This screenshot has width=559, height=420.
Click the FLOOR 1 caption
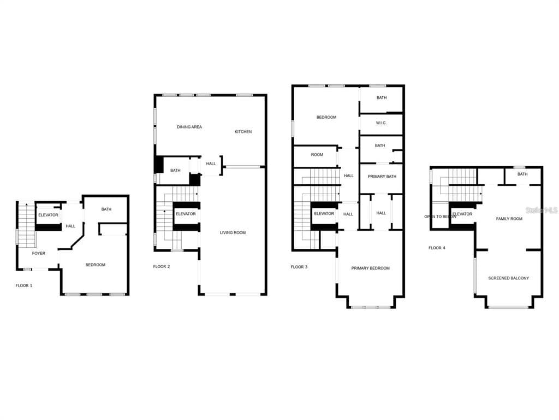[24, 285]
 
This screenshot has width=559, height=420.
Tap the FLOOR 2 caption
[162, 266]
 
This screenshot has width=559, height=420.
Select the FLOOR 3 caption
[299, 267]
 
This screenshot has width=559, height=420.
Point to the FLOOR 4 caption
[437, 248]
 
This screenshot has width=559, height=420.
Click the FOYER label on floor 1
[39, 253]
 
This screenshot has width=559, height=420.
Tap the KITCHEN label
[243, 132]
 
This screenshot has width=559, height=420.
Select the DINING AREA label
[189, 127]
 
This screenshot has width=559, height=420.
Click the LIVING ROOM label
[233, 232]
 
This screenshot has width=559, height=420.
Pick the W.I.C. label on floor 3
[381, 123]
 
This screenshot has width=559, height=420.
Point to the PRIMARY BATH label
[382, 177]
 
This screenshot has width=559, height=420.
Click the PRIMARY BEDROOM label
[371, 268]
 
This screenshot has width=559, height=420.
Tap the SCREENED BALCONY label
[509, 278]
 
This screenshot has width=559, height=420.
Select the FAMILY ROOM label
[509, 219]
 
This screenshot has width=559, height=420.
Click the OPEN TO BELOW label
[441, 217]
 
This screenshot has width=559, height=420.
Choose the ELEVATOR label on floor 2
[186, 214]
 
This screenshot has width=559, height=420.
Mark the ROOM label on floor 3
[317, 155]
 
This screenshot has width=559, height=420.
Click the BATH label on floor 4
[522, 174]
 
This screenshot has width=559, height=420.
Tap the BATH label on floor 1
[106, 209]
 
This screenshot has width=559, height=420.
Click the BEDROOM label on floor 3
[326, 117]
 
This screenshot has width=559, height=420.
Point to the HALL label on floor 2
[211, 164]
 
